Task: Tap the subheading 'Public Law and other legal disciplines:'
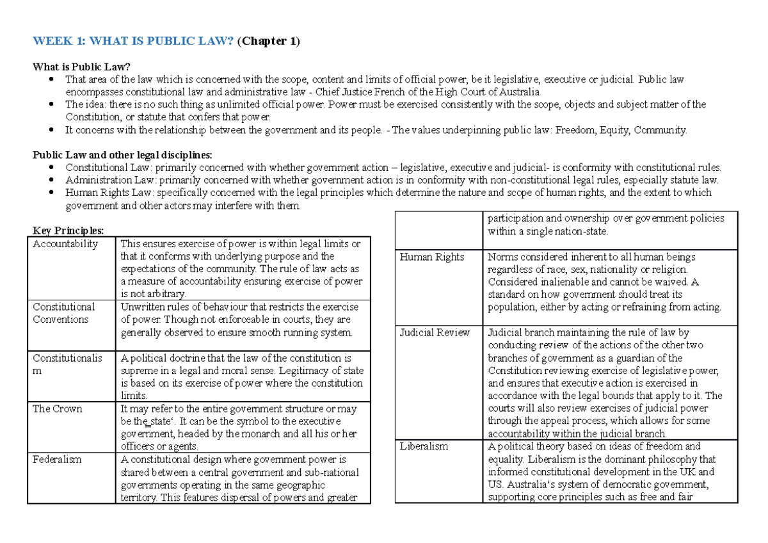pyautogui.click(x=122, y=155)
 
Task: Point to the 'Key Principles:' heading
pyautogui.click(x=67, y=231)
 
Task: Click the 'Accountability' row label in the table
pyautogui.click(x=65, y=243)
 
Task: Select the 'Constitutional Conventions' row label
pyautogui.click(x=64, y=312)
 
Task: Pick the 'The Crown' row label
pyautogui.click(x=58, y=409)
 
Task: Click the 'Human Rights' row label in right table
pyautogui.click(x=431, y=257)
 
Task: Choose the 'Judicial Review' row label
pyautogui.click(x=435, y=332)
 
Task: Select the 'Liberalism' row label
pyautogui.click(x=424, y=446)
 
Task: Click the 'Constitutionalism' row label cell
pyautogui.click(x=67, y=364)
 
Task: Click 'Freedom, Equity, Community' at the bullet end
pyautogui.click(x=620, y=130)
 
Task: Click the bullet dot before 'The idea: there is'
pyautogui.click(x=51, y=104)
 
